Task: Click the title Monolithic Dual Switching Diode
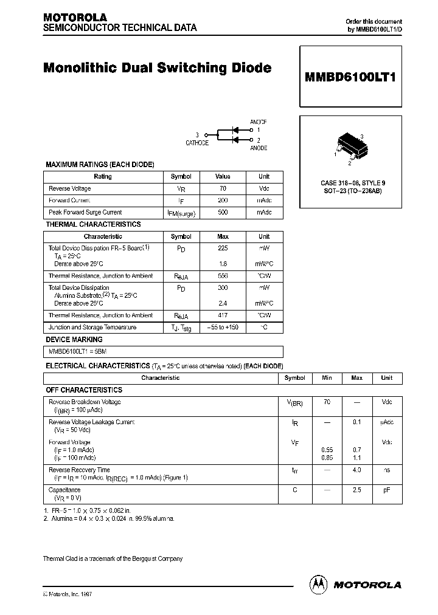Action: (157, 68)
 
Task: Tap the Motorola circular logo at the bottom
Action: (318, 584)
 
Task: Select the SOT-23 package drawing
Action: (350, 147)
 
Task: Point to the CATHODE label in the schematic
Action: (197, 143)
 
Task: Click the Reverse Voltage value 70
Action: (223, 188)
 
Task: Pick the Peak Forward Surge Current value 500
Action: (223, 212)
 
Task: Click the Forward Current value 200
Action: (223, 200)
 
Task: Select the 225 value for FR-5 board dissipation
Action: (223, 248)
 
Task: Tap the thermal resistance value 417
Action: (223, 315)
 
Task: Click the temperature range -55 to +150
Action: (223, 327)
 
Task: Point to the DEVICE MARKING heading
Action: (74, 340)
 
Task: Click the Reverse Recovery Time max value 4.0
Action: (356, 470)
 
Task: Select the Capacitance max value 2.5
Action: (356, 489)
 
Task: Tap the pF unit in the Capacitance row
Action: (386, 489)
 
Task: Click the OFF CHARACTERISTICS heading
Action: (84, 390)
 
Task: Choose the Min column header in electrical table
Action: (327, 378)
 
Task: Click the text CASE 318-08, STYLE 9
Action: (353, 183)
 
